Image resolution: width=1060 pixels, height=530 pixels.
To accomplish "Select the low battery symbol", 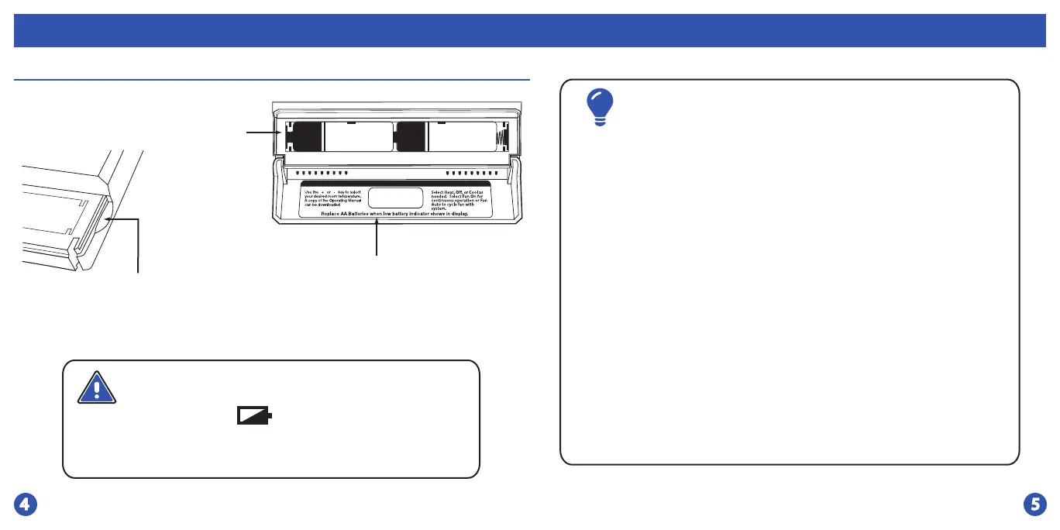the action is [x=255, y=418].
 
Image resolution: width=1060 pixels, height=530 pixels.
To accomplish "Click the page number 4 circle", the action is [x=26, y=504].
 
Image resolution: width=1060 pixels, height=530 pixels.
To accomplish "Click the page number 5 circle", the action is [x=1034, y=504].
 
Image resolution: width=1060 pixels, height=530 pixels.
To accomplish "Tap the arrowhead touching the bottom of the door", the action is [x=377, y=223].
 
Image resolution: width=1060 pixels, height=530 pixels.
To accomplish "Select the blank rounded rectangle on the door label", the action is [x=395, y=198].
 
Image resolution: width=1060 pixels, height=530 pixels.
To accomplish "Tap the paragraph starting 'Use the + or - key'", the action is [x=332, y=198].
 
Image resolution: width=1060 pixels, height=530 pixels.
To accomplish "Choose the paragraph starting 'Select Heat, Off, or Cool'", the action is [x=460, y=198].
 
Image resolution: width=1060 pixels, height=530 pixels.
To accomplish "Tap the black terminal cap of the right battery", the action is [x=411, y=136].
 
